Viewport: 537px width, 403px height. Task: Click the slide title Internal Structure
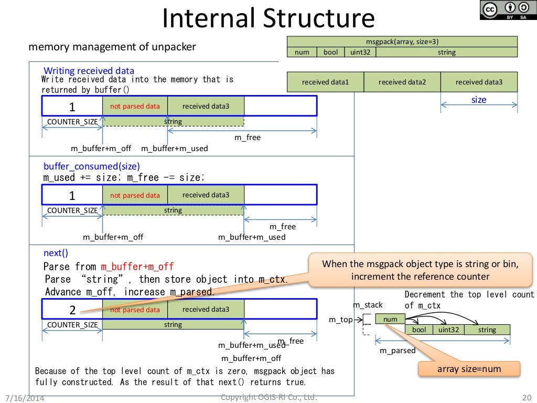tap(268, 19)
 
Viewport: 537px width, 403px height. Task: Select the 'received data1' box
tap(325, 82)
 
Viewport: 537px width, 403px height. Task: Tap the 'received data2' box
tap(402, 82)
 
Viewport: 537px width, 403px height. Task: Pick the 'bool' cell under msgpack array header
tap(331, 52)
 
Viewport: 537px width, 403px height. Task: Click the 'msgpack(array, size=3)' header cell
tap(402, 41)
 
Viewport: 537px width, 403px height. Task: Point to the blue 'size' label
tap(479, 100)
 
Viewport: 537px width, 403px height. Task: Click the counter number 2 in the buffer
tap(72, 310)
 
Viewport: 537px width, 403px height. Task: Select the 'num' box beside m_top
tap(390, 319)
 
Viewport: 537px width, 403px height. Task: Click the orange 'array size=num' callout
tap(469, 369)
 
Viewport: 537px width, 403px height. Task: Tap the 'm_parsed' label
tap(398, 351)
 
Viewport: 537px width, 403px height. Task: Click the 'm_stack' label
tap(368, 305)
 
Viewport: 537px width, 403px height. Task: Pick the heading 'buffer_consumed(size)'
tap(92, 166)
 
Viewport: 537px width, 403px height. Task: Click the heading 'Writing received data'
tap(89, 71)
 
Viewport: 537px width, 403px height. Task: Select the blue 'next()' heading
tap(56, 253)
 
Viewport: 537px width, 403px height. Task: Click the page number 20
tap(527, 397)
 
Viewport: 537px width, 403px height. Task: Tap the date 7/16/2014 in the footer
tap(25, 398)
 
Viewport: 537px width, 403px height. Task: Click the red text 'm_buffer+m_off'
tap(137, 267)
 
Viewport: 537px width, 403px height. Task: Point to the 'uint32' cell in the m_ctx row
tap(448, 330)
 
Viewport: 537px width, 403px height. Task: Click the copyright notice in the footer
tap(268, 397)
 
